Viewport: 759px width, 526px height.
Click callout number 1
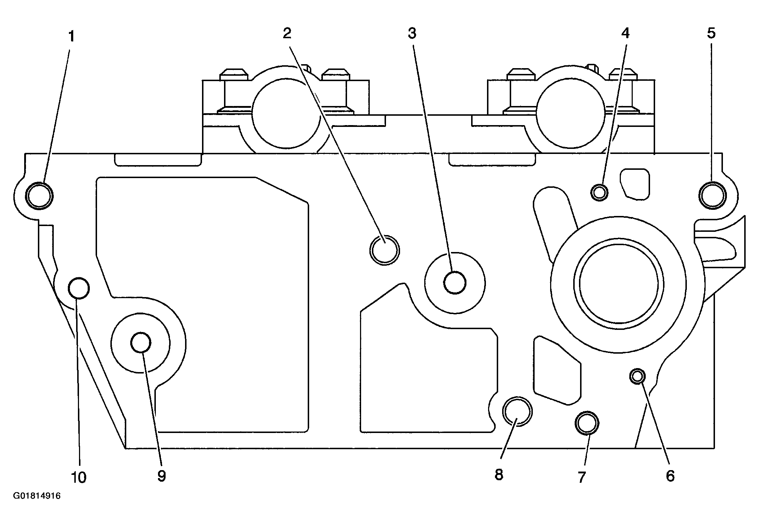click(x=71, y=36)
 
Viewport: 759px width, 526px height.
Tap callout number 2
click(x=287, y=34)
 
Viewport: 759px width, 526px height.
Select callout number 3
click(x=412, y=34)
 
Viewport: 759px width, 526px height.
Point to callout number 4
click(x=625, y=33)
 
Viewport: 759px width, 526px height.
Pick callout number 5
click(x=711, y=33)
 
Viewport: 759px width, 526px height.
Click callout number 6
click(x=670, y=476)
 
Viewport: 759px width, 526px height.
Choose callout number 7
click(x=581, y=477)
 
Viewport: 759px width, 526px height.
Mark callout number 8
click(x=499, y=475)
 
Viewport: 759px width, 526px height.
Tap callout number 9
click(x=161, y=476)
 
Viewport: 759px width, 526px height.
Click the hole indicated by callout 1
click(x=40, y=196)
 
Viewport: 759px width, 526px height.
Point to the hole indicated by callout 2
click(x=385, y=249)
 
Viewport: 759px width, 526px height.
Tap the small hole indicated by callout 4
click(x=600, y=193)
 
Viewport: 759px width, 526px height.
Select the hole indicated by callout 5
click(x=712, y=195)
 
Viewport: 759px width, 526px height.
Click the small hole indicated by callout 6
click(x=637, y=376)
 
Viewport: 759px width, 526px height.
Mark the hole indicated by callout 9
click(x=141, y=342)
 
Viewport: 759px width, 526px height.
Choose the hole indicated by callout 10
click(x=79, y=288)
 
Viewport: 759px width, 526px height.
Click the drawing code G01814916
click(x=37, y=496)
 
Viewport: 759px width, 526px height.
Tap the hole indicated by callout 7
click(x=587, y=422)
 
